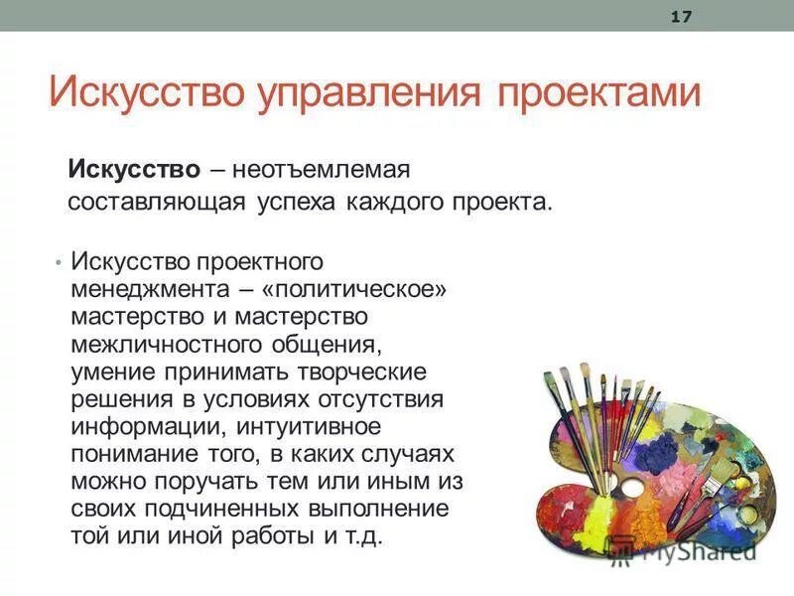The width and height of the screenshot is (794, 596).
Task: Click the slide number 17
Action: click(681, 17)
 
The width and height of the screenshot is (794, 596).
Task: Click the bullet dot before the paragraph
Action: click(59, 261)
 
